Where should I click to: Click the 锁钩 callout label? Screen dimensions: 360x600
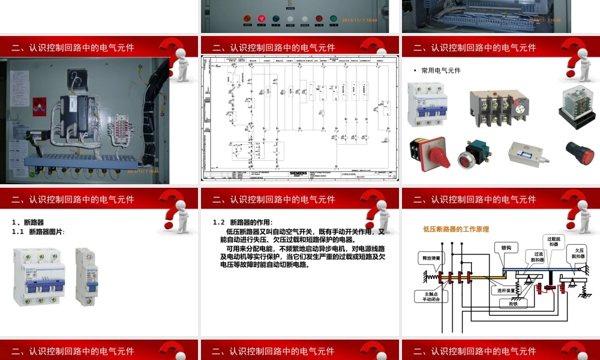point(506,247)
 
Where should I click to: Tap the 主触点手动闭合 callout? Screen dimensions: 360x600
point(431,296)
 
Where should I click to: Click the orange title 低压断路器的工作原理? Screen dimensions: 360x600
point(455,229)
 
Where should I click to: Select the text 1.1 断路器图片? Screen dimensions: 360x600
point(38,232)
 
